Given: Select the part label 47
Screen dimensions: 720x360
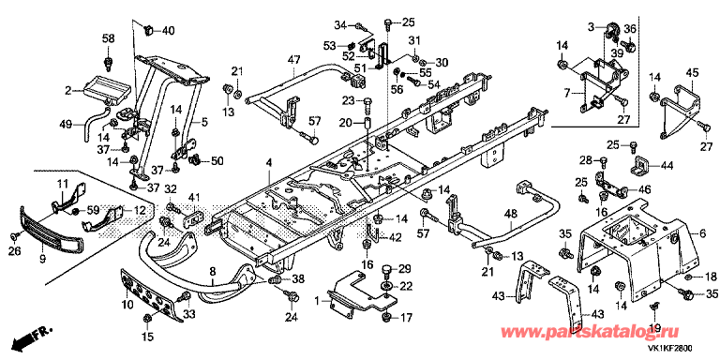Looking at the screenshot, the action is point(293,60).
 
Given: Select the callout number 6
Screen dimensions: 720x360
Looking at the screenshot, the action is point(702,233).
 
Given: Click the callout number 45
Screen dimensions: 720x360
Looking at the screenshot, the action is point(693,72).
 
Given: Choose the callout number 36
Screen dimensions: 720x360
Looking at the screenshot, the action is point(630,29).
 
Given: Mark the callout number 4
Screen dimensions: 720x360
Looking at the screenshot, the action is point(269,163).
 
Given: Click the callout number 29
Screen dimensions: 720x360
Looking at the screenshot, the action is point(405,269).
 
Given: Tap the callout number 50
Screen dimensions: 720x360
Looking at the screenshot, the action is point(217,160).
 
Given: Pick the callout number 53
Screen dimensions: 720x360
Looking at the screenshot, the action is point(330,45).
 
